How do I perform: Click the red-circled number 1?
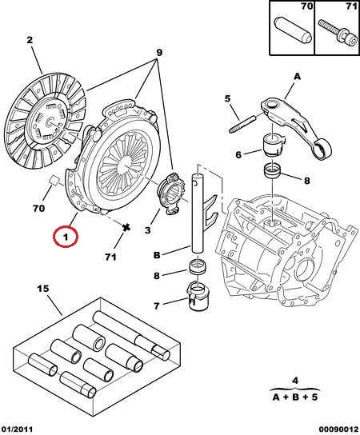tap(66, 237)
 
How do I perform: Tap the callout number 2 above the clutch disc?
tap(30, 40)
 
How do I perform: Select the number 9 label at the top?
tap(159, 53)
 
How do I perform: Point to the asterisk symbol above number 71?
tap(126, 227)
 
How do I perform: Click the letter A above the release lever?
tap(298, 76)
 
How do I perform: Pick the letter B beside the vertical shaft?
tap(157, 255)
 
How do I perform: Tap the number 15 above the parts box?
tap(43, 289)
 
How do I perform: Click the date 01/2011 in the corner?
tap(17, 429)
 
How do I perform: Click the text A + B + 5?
tap(294, 397)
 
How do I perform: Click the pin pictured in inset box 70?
tap(294, 29)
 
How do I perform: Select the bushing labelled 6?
tap(273, 144)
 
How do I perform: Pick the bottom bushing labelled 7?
tap(198, 297)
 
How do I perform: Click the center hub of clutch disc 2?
tap(50, 122)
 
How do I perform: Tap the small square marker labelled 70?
tap(54, 180)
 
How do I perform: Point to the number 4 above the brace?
tap(295, 381)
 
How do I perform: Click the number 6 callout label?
tap(238, 154)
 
